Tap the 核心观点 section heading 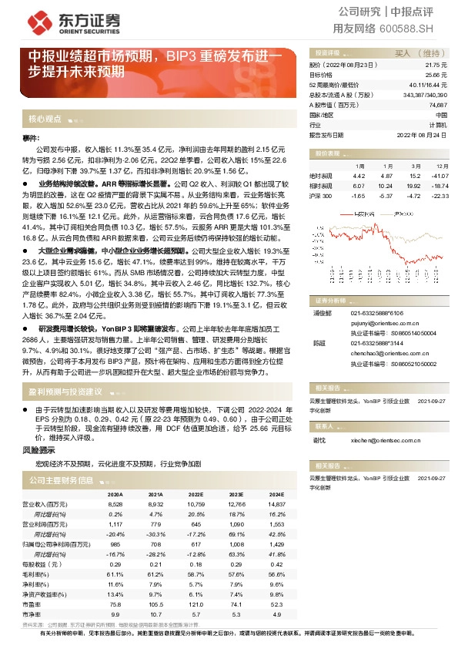[45, 119]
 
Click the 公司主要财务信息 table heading [62, 480]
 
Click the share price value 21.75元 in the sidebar [436, 66]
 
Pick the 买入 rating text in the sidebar [403, 53]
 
